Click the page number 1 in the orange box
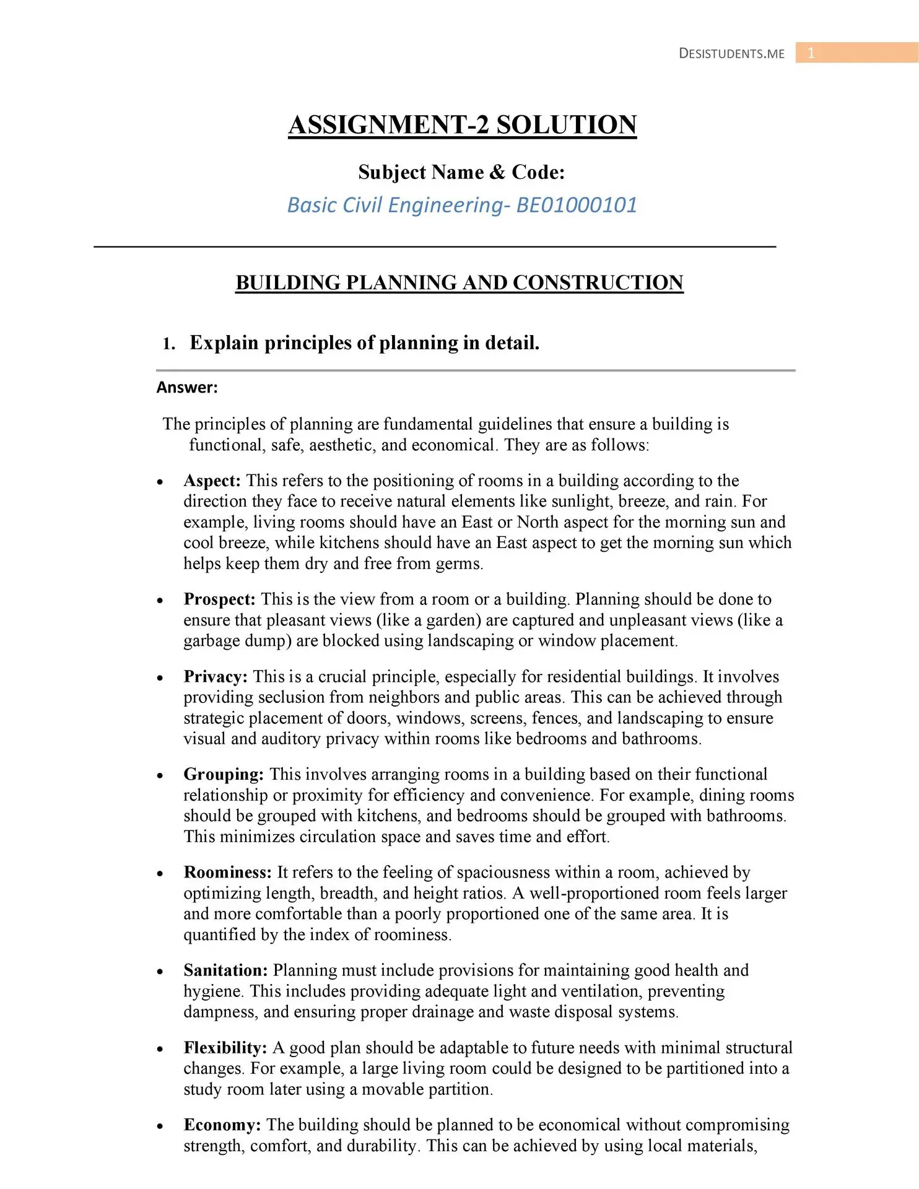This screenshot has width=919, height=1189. click(x=811, y=53)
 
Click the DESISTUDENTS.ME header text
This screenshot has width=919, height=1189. click(x=731, y=54)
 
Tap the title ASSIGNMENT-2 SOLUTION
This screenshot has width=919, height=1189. click(x=462, y=124)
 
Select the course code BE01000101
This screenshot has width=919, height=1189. click(x=577, y=205)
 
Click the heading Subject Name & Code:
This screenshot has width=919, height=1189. click(x=461, y=172)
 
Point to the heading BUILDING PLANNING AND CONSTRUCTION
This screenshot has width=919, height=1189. click(x=459, y=282)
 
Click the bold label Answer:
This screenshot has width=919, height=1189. click(x=187, y=388)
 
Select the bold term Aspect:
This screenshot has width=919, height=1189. click(x=212, y=481)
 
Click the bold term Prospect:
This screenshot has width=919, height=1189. click(x=219, y=599)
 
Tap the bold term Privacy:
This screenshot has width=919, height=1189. click(x=216, y=676)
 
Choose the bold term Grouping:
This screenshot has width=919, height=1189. click(x=224, y=774)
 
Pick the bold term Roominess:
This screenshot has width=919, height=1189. click(x=227, y=872)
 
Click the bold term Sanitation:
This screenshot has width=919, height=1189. click(x=225, y=970)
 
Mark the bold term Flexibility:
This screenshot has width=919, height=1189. click(x=225, y=1047)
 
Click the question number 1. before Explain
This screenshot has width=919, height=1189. click(x=168, y=344)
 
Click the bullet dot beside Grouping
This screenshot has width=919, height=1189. click(x=160, y=775)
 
